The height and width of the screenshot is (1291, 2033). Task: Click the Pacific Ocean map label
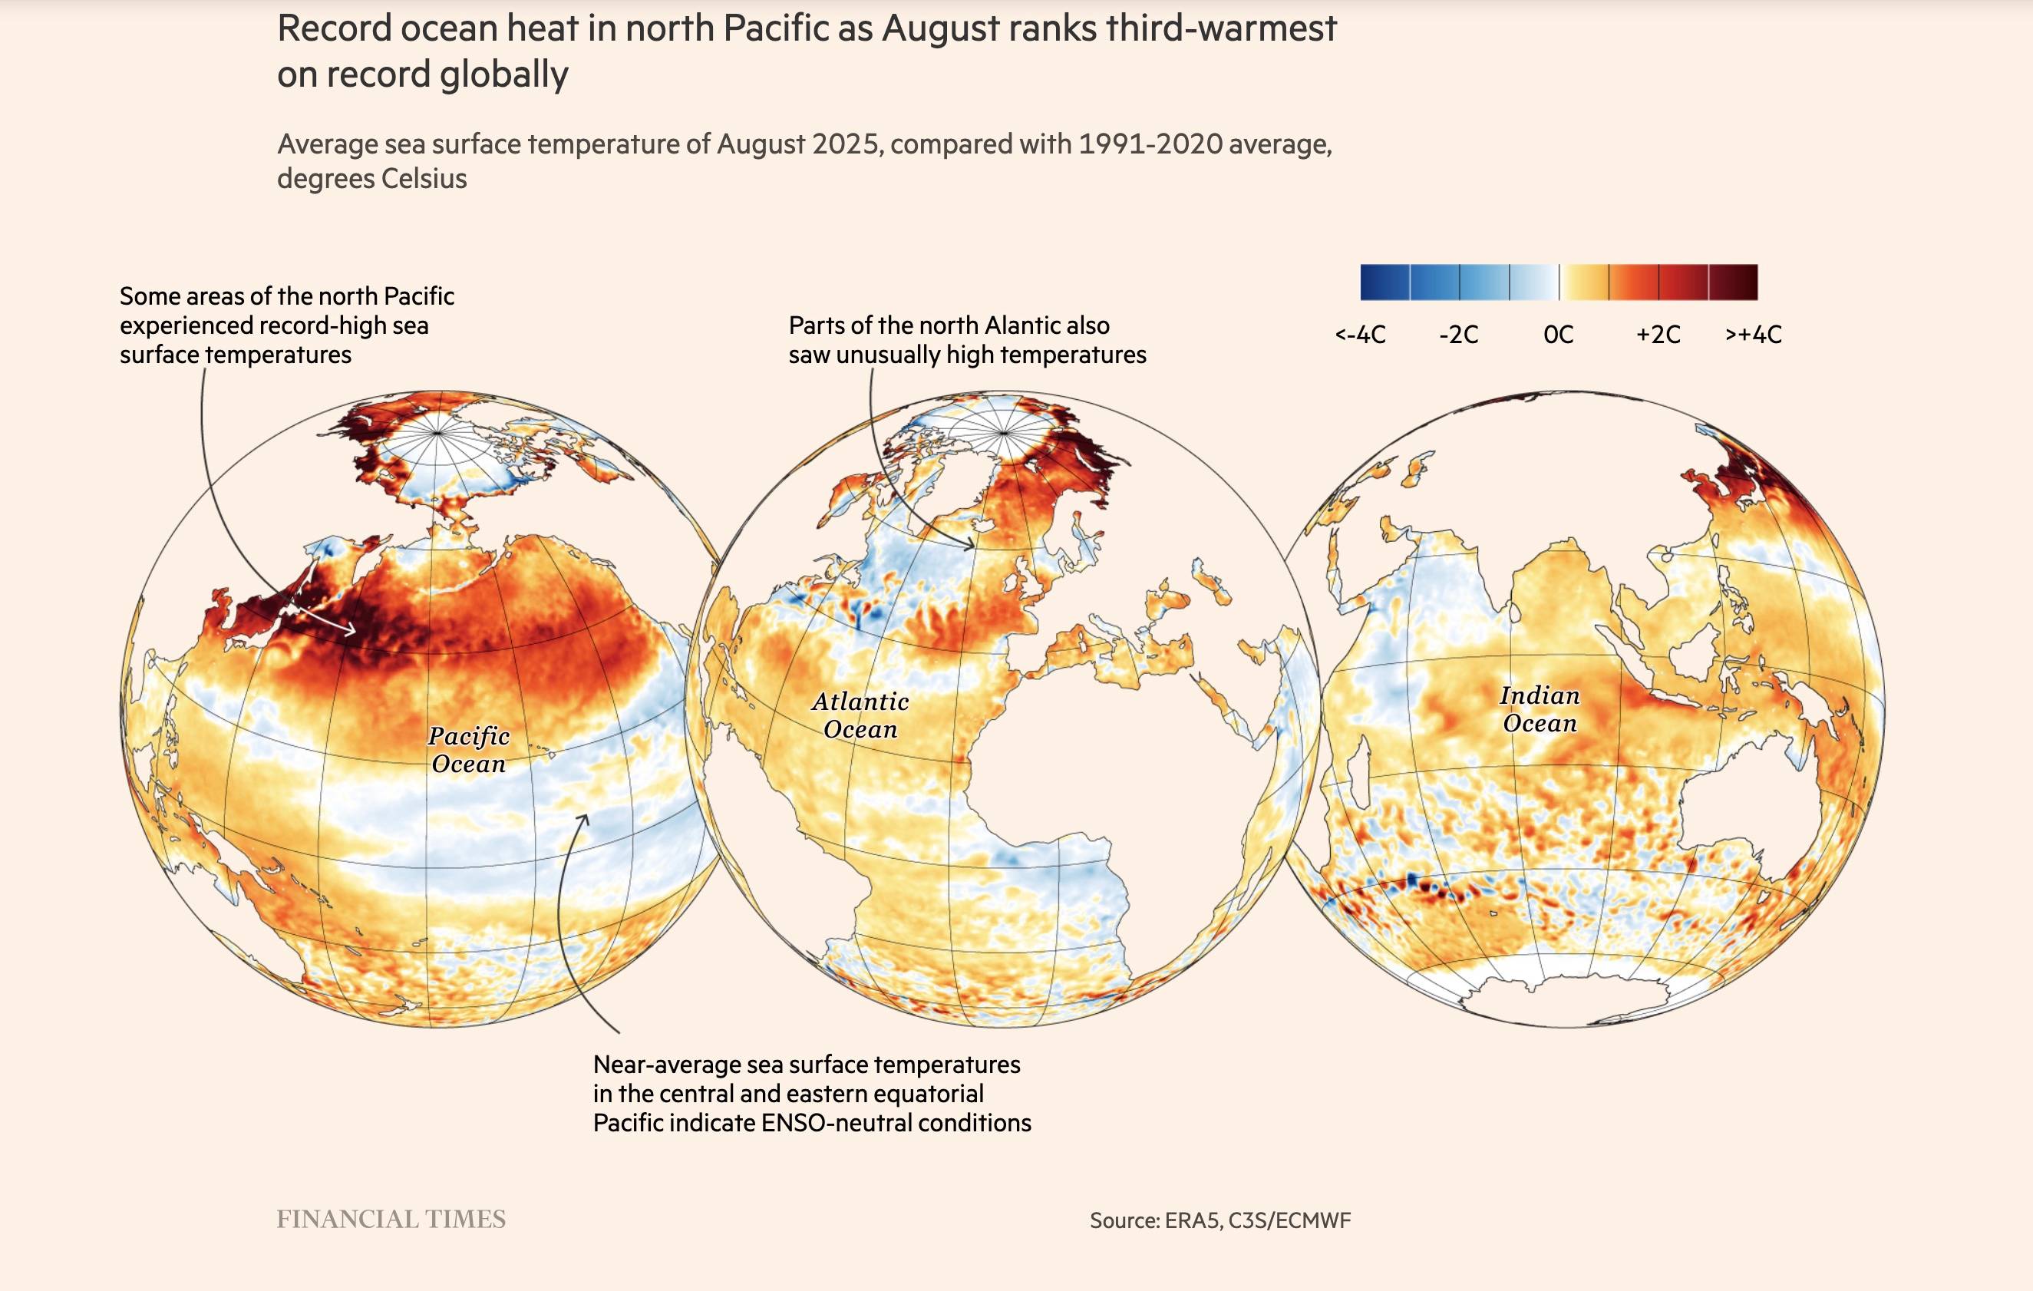coord(469,750)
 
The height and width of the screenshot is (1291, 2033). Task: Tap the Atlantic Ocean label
coord(860,715)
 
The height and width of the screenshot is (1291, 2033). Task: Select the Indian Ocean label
coord(1539,709)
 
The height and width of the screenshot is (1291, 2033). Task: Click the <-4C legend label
coord(1360,335)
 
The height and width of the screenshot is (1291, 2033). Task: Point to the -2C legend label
coord(1459,335)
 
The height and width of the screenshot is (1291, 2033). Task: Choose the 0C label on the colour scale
coord(1559,335)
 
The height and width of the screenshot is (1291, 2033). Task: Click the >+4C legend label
coord(1754,335)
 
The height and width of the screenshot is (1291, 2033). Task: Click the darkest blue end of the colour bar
coord(1372,282)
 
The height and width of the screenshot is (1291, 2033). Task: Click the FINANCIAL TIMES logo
coord(391,1219)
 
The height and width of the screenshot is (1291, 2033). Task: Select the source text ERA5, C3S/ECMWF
coord(1257,1220)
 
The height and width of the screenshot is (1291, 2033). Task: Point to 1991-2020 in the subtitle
coord(1150,144)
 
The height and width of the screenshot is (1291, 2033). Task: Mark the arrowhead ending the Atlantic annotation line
coord(971,547)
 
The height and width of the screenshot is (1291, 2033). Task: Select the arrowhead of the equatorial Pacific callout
coord(584,817)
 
